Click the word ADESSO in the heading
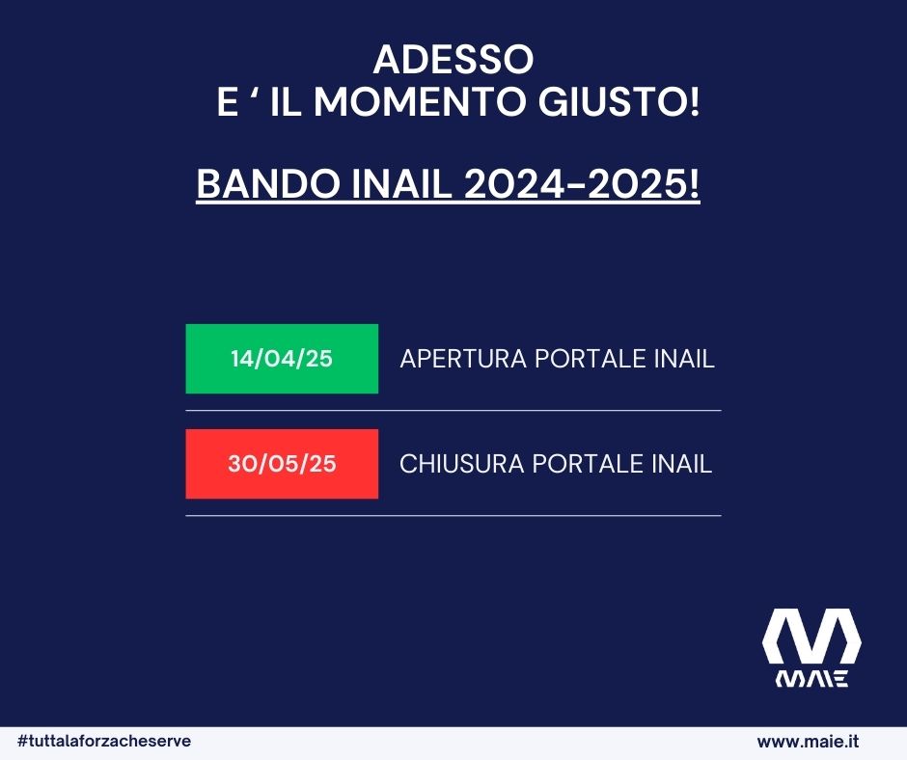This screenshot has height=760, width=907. point(453,59)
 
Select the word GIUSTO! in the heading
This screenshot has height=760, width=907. point(618,102)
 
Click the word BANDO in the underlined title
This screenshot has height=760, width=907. point(268,184)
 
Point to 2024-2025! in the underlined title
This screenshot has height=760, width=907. point(582,184)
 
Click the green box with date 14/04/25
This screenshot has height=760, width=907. point(282,359)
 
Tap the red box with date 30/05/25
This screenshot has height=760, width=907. point(282,464)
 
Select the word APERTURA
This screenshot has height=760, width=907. point(463,359)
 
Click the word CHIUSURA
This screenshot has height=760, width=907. point(461,464)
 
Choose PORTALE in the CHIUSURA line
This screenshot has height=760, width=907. point(588,464)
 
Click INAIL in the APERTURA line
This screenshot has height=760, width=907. point(684,359)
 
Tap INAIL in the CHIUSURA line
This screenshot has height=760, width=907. point(682,464)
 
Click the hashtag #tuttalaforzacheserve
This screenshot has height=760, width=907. point(104,741)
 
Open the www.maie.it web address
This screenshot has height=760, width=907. point(808,742)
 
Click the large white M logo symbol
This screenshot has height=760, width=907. point(811,636)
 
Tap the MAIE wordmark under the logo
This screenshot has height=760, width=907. point(811,678)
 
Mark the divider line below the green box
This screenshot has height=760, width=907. point(453,410)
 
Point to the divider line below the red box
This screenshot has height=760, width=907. point(453,515)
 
